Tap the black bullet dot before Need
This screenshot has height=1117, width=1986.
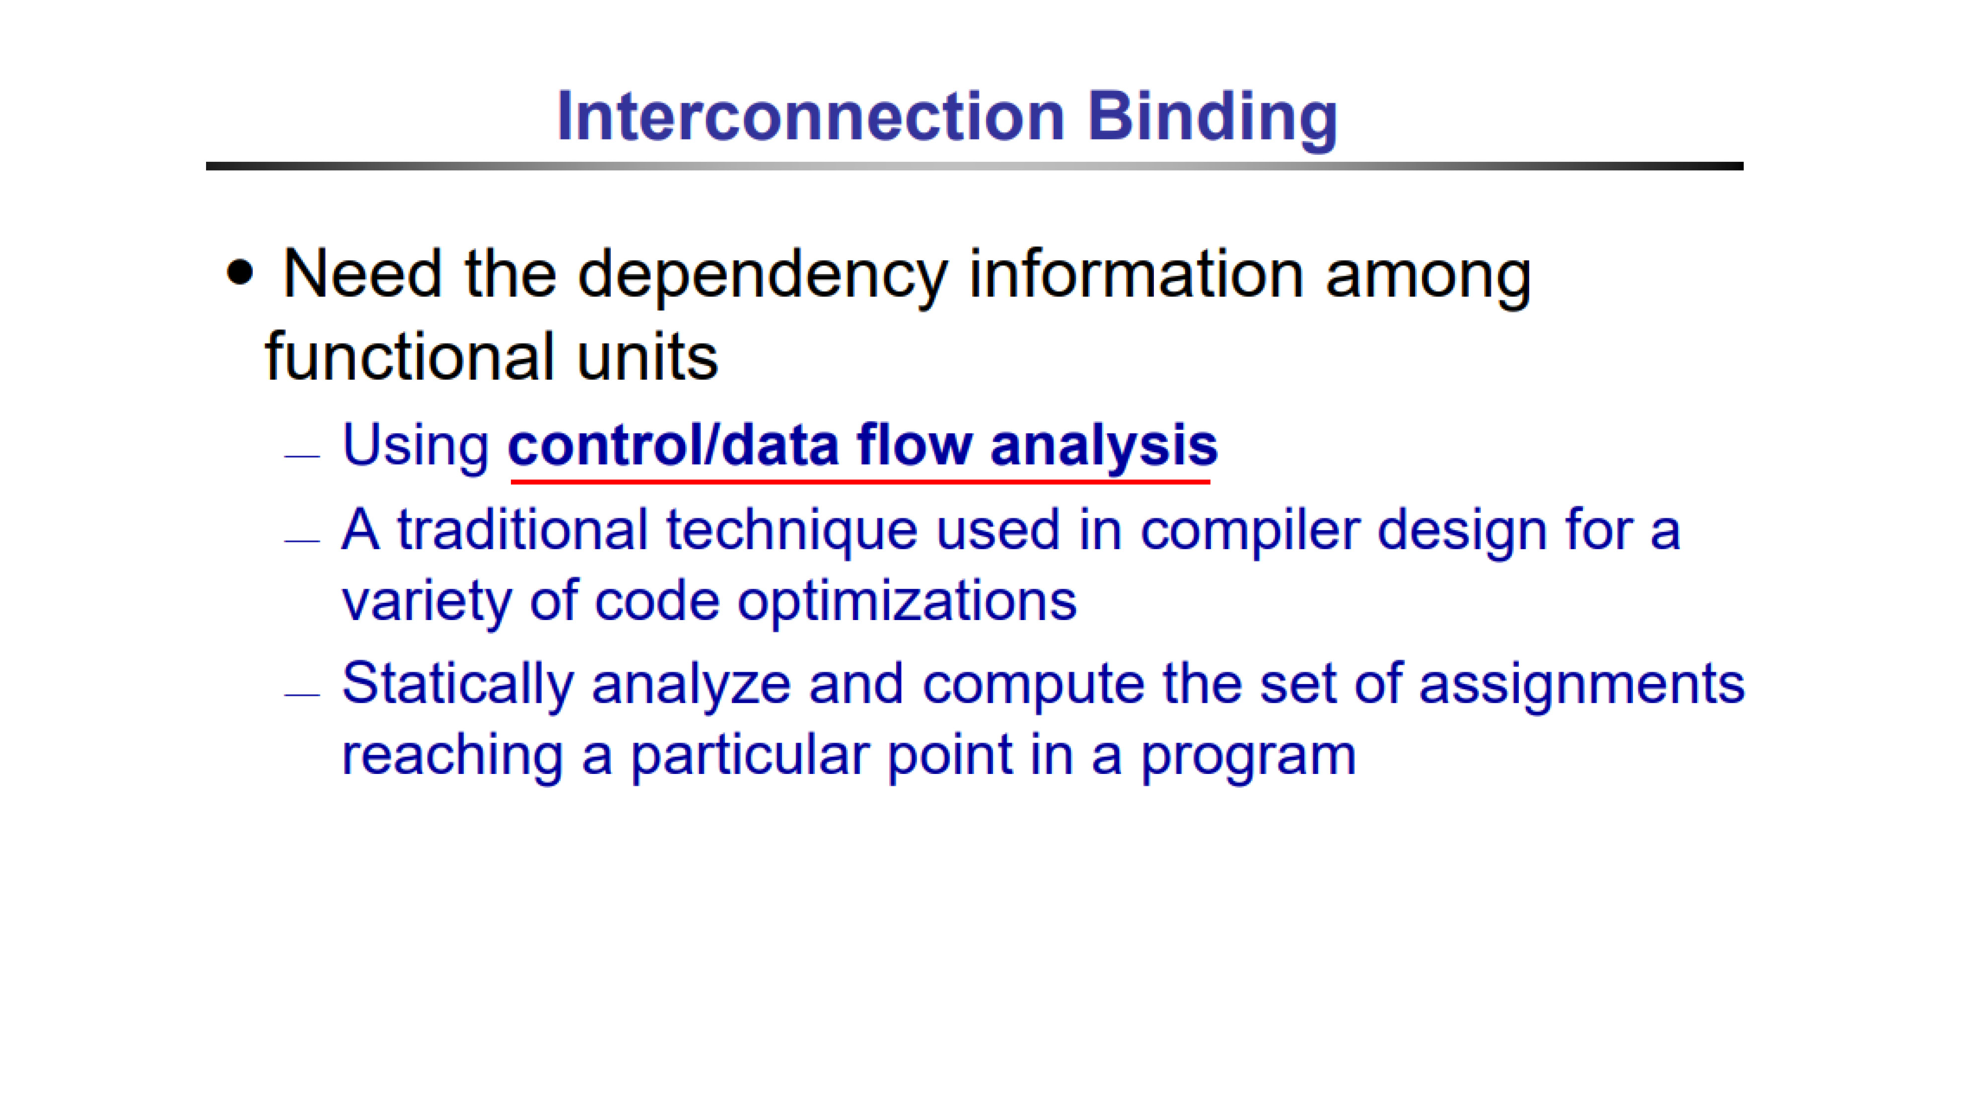pos(240,273)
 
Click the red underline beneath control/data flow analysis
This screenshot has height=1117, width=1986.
pos(860,482)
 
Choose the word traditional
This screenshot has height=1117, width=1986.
pos(522,531)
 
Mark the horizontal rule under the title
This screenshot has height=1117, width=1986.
pos(975,166)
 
